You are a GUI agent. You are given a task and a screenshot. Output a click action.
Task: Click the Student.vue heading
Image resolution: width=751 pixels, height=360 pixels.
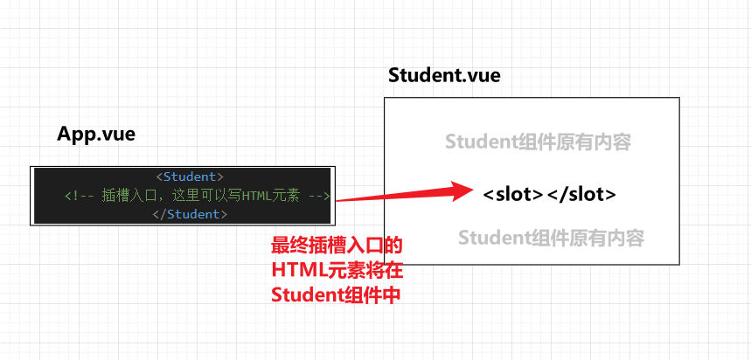tap(444, 75)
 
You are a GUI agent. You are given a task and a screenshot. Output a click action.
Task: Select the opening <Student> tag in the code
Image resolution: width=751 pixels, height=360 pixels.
tap(190, 177)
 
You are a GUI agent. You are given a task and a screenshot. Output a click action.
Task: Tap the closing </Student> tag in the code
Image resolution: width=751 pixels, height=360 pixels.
tap(190, 214)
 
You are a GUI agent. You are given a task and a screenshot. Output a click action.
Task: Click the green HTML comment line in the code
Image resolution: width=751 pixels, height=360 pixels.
tap(197, 196)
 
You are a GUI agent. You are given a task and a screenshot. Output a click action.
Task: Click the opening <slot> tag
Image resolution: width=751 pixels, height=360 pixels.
tap(513, 194)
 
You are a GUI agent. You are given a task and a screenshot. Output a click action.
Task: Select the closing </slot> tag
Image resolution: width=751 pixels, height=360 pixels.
tap(581, 194)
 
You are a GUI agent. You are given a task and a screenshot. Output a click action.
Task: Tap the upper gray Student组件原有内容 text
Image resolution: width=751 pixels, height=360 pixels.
tap(537, 142)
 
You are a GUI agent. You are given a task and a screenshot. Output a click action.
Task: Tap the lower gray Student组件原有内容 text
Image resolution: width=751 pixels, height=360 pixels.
tap(551, 237)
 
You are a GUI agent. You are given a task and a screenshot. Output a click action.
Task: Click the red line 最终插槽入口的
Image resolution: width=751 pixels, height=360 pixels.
tap(337, 246)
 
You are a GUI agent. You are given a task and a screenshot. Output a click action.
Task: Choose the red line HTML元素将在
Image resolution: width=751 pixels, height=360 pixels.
tap(336, 270)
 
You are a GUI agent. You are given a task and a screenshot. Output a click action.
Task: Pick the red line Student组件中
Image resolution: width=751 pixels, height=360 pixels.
tap(336, 294)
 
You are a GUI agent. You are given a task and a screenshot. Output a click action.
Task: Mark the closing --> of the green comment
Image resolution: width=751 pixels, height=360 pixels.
tap(318, 196)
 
